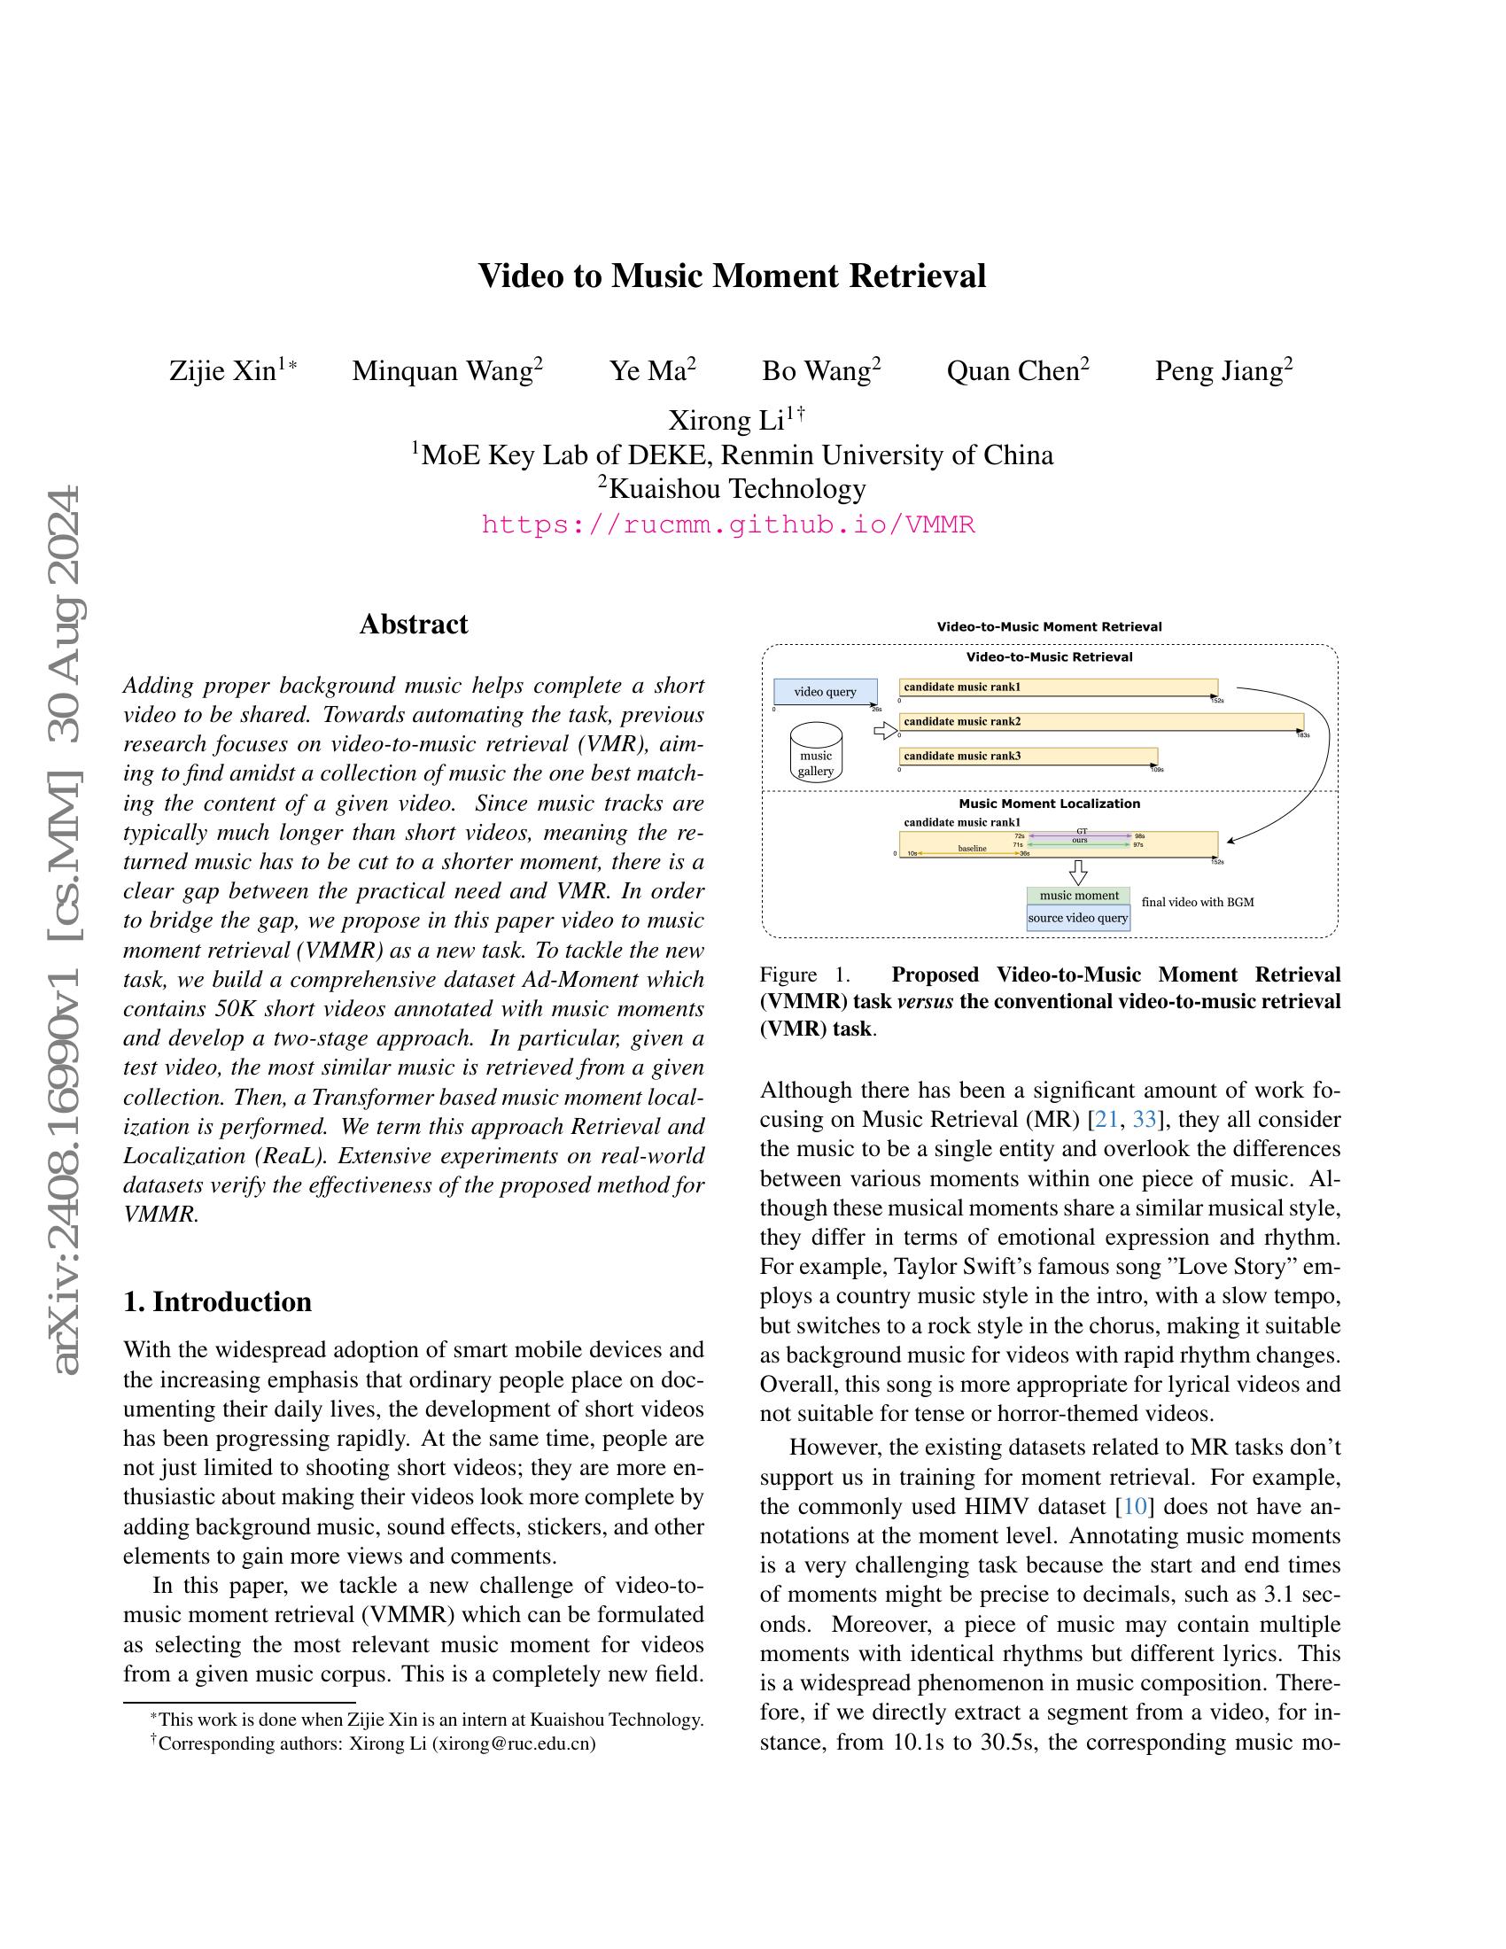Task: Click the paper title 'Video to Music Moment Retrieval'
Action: [x=732, y=276]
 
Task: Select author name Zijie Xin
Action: [x=223, y=370]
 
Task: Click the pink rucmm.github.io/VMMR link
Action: [x=728, y=524]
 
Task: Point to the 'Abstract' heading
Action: [x=413, y=624]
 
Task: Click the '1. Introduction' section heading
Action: [x=218, y=1301]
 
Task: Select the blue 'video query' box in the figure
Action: [x=825, y=692]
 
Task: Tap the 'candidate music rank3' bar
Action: [x=1027, y=756]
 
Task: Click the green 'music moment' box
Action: [x=1078, y=895]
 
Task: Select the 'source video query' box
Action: [x=1078, y=919]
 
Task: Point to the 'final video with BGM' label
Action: [x=1198, y=902]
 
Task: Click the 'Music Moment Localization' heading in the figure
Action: [x=1049, y=804]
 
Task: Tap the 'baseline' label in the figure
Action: [x=972, y=849]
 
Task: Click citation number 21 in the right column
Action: [x=1106, y=1120]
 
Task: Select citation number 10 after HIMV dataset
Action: [x=1134, y=1506]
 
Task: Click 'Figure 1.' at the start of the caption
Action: [x=800, y=974]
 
